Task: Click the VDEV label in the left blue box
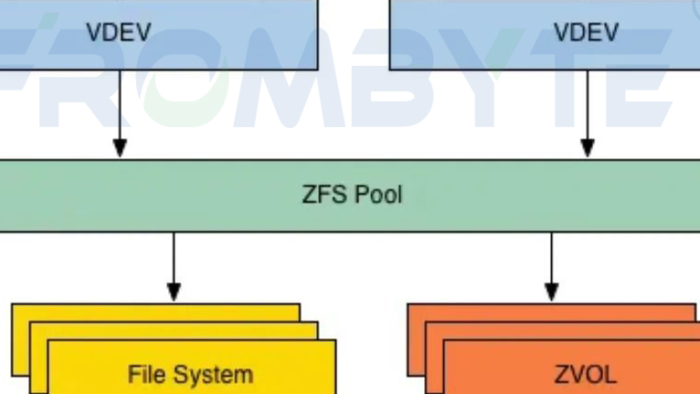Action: [x=118, y=33]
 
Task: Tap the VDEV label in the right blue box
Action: [x=586, y=33]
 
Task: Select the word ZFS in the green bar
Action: [x=323, y=195]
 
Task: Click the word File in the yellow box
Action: [x=145, y=374]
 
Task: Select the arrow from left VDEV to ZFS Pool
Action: [x=119, y=110]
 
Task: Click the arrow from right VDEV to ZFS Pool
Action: [x=588, y=110]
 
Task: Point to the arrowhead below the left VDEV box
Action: [x=119, y=147]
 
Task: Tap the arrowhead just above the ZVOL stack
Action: [x=550, y=292]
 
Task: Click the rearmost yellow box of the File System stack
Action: [x=155, y=312]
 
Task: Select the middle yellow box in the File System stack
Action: [x=174, y=330]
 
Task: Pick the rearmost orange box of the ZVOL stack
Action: [x=548, y=312]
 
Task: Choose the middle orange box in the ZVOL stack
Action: [x=567, y=330]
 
